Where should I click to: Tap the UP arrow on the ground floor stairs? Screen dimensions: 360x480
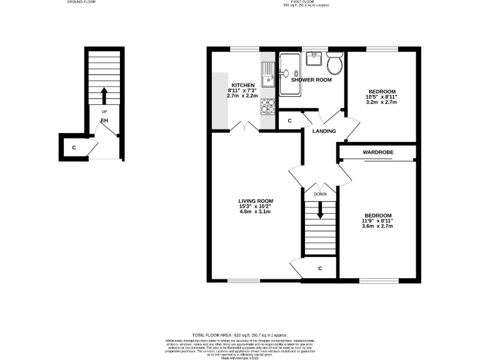point(104,96)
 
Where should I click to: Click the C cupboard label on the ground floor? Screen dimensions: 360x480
point(74,147)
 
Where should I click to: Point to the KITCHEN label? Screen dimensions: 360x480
point(243,85)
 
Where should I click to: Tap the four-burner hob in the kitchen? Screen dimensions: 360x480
point(267,107)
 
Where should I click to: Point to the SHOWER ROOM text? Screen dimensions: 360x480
point(311,80)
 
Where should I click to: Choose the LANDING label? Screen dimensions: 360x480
point(324,131)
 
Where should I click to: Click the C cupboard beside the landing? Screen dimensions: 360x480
point(289,121)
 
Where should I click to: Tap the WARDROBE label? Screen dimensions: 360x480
point(376,152)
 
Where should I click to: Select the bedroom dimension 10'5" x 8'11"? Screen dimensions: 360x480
point(381,97)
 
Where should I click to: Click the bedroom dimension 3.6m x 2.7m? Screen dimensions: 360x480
point(379,226)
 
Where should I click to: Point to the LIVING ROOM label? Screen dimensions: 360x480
point(256,201)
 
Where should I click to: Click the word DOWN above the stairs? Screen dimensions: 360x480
point(320,194)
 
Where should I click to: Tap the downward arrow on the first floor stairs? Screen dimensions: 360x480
point(320,212)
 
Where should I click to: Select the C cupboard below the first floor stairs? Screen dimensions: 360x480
point(319,268)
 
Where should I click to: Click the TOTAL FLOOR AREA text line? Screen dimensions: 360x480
point(239,335)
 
